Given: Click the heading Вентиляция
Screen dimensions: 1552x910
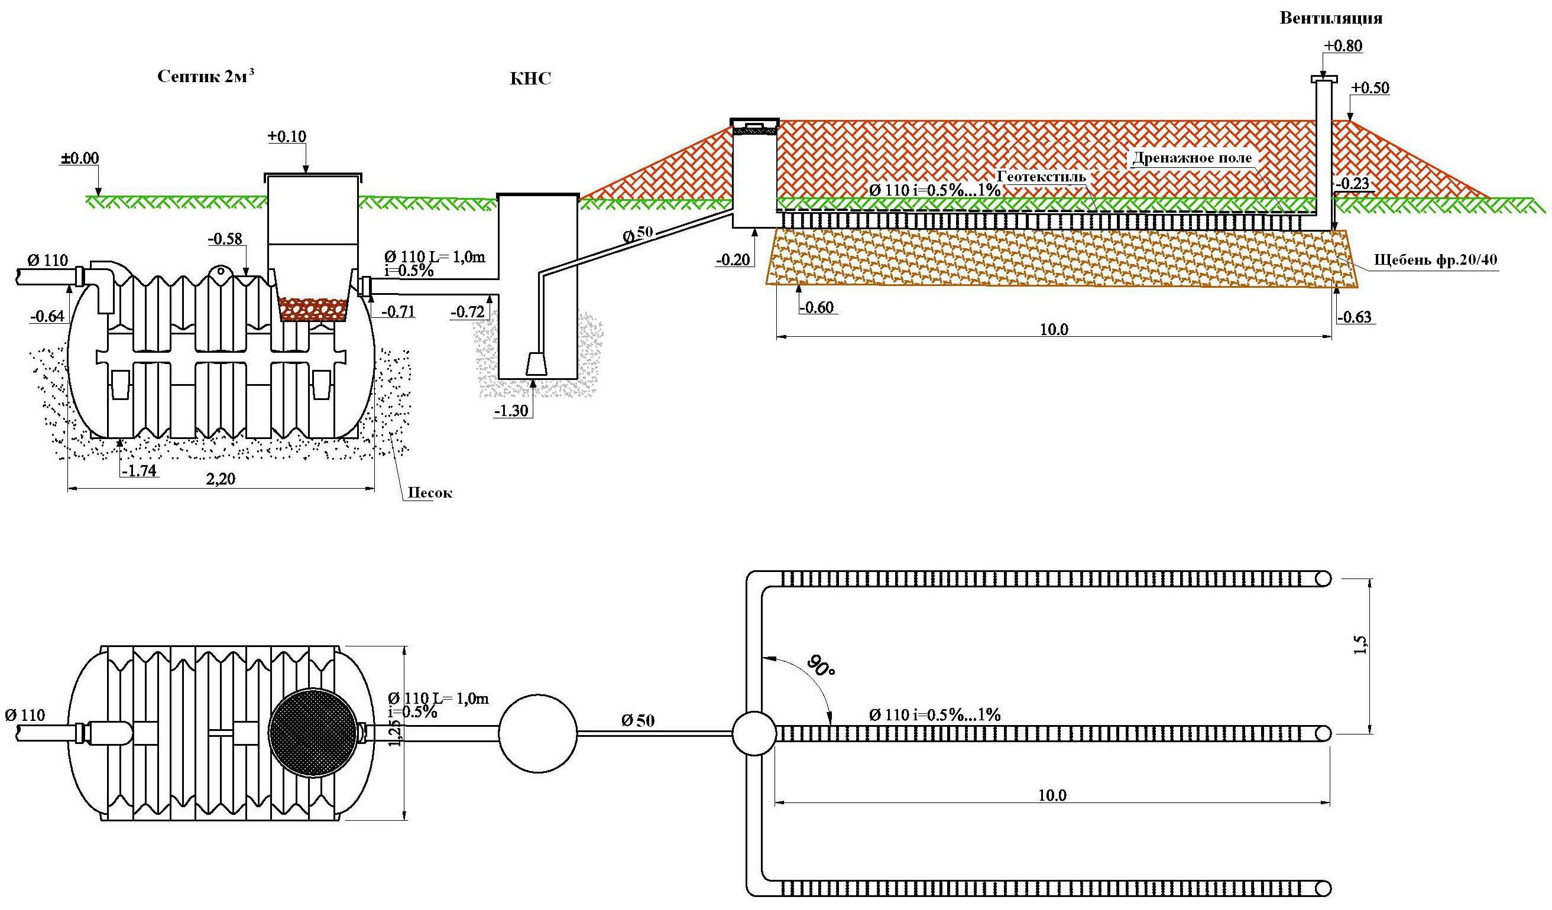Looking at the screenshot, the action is (1330, 18).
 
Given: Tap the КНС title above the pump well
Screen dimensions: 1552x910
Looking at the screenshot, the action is (530, 78).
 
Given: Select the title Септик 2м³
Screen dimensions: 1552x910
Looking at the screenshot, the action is (206, 76).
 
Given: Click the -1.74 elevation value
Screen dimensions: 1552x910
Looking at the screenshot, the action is (139, 471).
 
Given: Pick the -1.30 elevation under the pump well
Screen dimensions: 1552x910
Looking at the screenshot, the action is (511, 411).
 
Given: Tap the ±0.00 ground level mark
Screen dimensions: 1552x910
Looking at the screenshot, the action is (79, 158).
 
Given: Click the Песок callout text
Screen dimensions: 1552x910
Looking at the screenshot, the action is (430, 493).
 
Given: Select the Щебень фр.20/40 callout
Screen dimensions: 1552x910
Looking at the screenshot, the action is (1436, 260).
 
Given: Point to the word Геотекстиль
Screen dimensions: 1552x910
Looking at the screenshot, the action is (1041, 177).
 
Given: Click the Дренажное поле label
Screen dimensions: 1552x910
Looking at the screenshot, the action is (1193, 158).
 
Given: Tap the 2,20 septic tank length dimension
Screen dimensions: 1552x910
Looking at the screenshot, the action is (221, 479).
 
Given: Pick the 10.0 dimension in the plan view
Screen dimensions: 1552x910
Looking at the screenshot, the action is (1052, 795).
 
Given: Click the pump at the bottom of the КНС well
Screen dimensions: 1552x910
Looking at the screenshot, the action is (536, 363).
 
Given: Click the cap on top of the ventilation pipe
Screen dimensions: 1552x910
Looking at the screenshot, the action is (1324, 79).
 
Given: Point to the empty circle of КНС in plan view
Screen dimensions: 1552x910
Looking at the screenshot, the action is (537, 733).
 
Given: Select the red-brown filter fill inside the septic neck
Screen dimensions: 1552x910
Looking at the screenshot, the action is (313, 309).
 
